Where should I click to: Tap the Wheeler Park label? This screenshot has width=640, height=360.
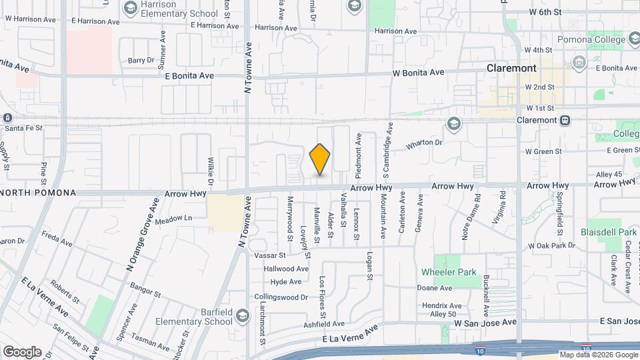[449, 272]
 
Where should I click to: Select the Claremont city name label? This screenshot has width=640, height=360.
[511, 68]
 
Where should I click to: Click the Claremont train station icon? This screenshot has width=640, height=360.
[565, 120]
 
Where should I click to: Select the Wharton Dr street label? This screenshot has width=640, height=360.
[424, 143]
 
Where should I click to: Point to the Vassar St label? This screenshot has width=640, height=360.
[269, 255]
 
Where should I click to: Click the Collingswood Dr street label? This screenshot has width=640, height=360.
[281, 297]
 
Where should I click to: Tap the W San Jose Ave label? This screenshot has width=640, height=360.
[485, 323]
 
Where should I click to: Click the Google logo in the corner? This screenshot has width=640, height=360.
[22, 351]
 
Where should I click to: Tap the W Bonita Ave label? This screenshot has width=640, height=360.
[418, 73]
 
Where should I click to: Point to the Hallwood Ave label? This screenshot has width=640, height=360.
[286, 269]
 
